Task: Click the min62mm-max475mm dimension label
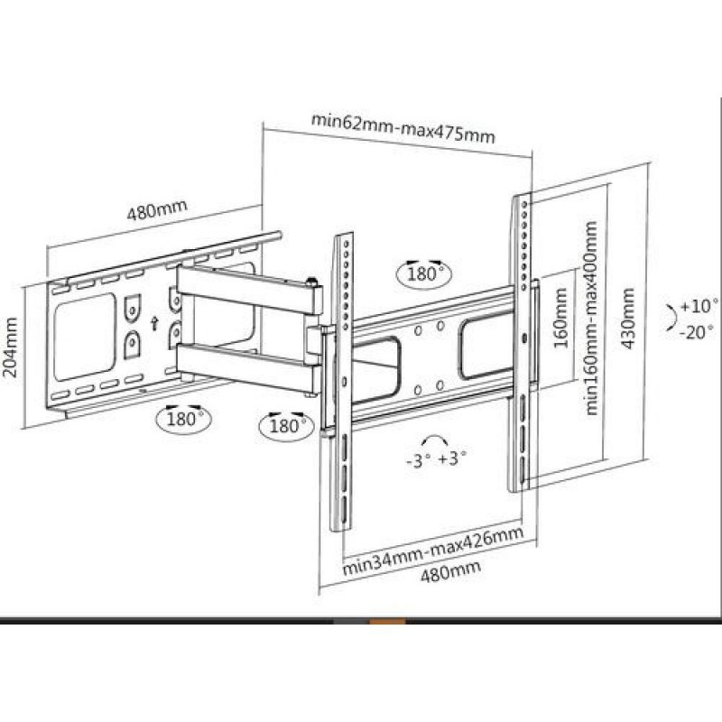point(403,128)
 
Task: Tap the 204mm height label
point(10,347)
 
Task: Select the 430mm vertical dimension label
point(628,319)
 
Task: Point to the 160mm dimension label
point(560,318)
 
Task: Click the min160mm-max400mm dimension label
point(591,319)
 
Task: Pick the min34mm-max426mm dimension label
point(433,551)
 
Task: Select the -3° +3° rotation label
point(437,459)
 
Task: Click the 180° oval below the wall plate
point(184,419)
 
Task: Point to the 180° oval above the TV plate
point(424,274)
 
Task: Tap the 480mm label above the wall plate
point(157,210)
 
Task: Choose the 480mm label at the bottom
point(450,571)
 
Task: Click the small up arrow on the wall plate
point(154,324)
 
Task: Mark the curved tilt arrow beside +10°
point(672,317)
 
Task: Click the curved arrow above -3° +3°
point(437,439)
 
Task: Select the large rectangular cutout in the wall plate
point(84,338)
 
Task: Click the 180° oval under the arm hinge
point(286,426)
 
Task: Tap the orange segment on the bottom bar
point(388,622)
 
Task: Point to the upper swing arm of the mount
point(249,291)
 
